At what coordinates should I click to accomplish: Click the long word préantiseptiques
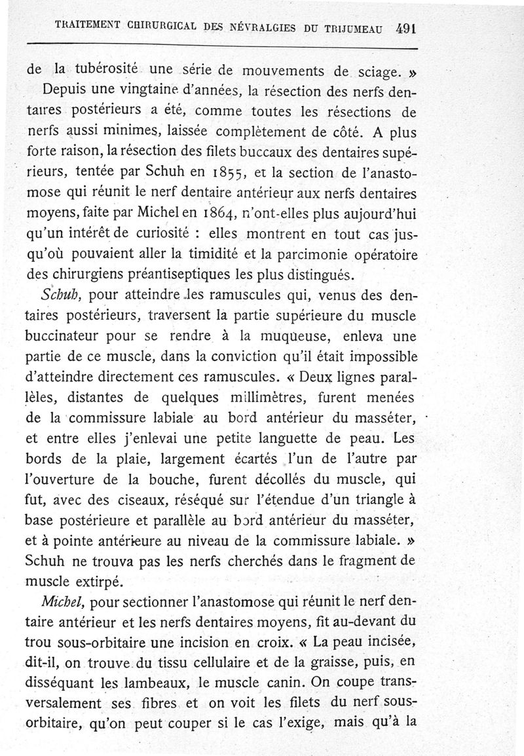186,272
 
